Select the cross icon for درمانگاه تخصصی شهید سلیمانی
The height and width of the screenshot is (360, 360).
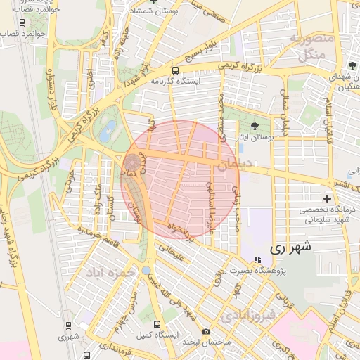coord(327,199)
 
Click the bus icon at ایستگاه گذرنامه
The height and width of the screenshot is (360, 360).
coord(175,70)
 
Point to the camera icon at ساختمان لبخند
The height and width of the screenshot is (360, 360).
coord(205,331)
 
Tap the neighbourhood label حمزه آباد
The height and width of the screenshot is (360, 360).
coord(109,271)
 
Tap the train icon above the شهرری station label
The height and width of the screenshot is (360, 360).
coord(68,325)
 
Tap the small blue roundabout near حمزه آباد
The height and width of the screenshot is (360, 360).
coord(146,269)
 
